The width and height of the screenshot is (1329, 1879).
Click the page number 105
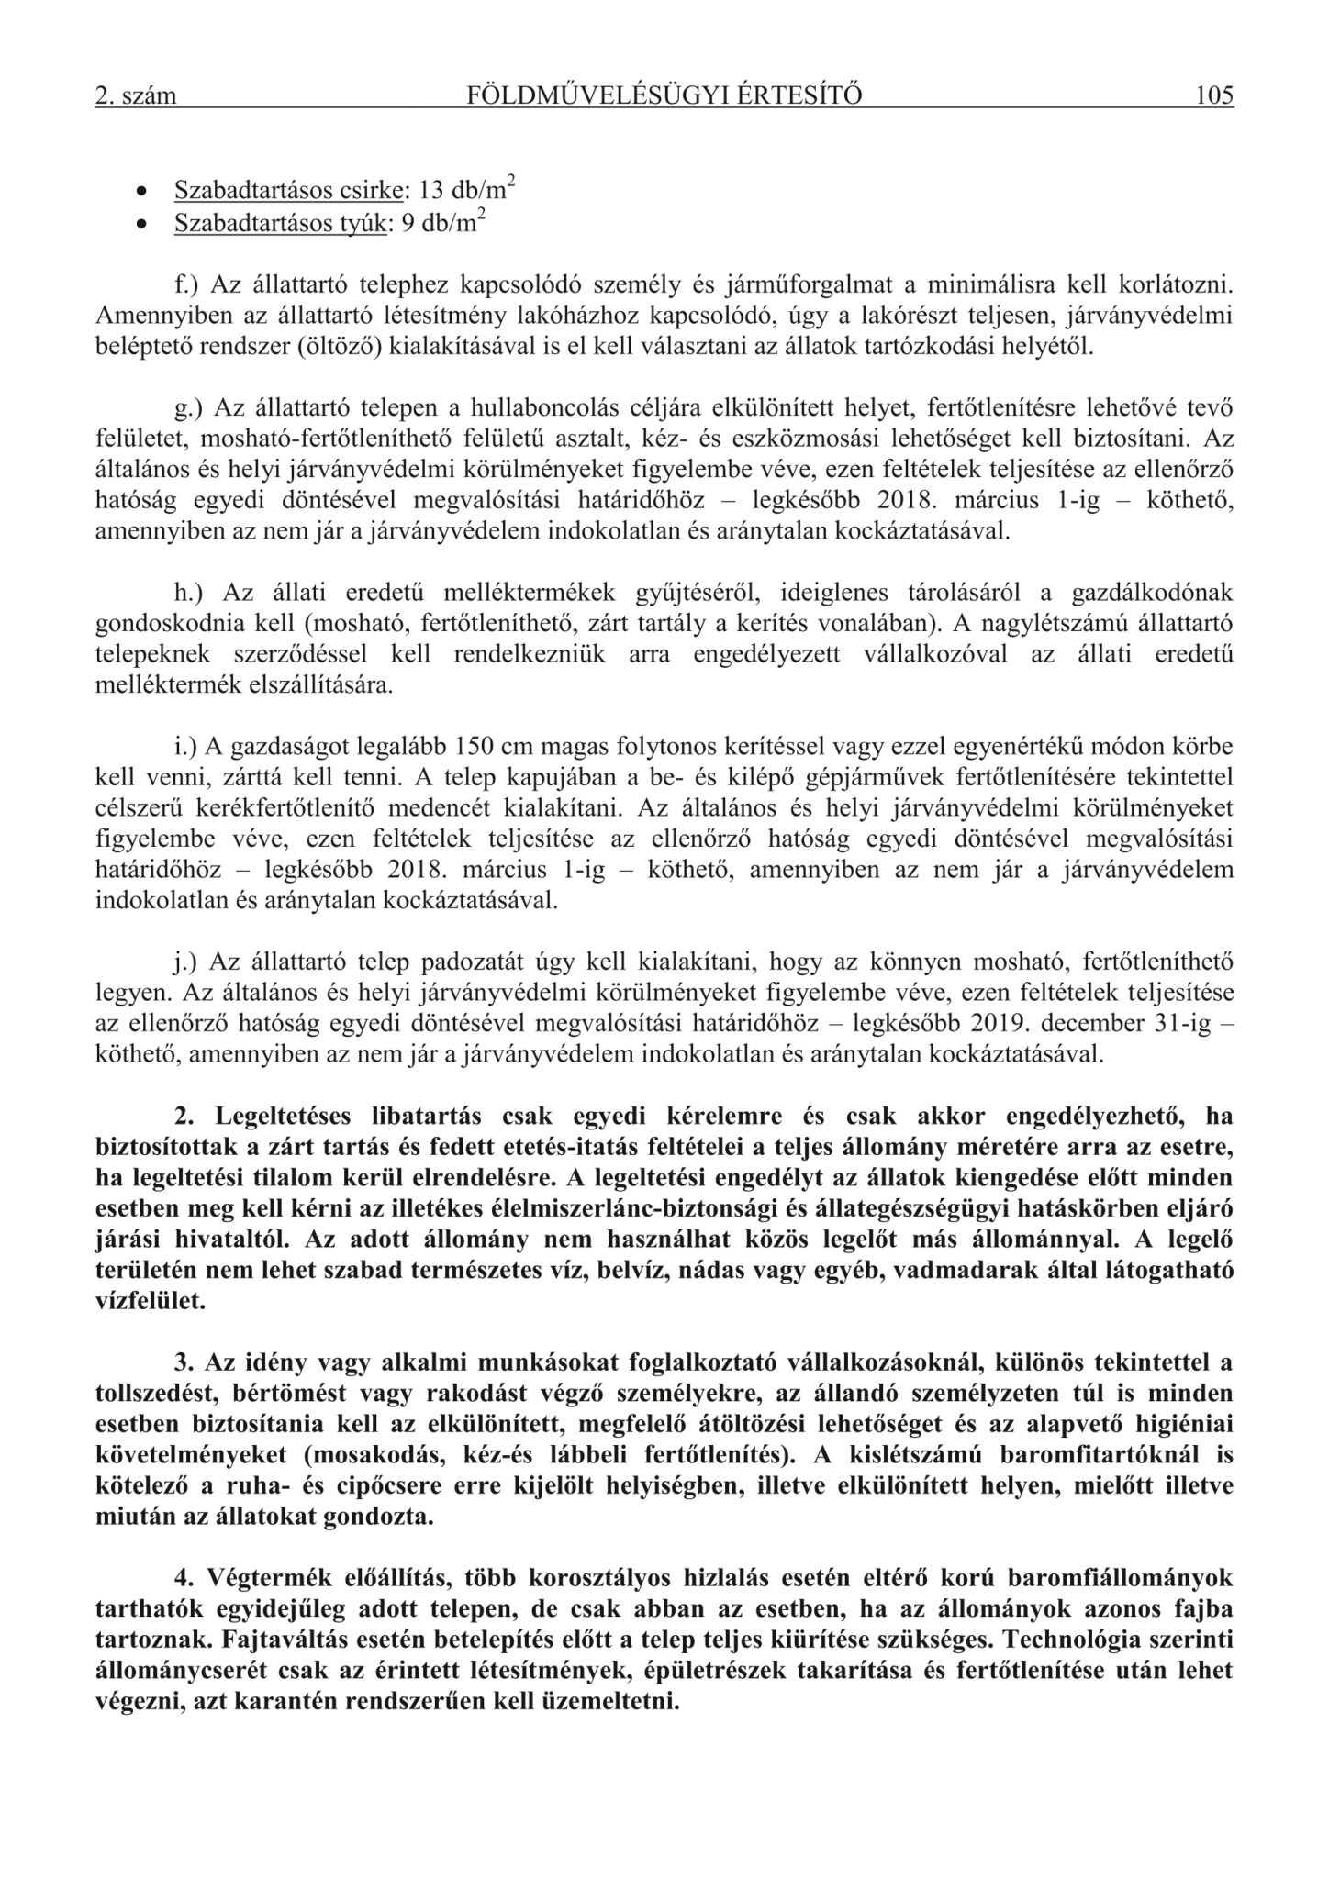coord(1214,95)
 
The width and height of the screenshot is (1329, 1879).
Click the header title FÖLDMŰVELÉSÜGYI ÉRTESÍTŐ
coord(664,95)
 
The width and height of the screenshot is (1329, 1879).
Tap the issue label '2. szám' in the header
coord(135,96)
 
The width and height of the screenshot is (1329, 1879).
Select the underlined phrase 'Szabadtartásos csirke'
coord(288,191)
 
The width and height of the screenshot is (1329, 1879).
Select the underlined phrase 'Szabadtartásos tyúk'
coord(278,225)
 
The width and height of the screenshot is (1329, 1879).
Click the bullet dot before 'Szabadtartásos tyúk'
coord(140,226)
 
